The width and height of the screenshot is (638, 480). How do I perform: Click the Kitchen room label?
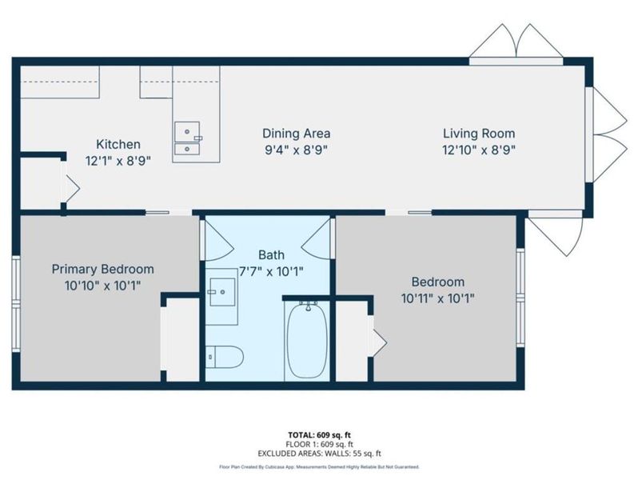tap(118, 145)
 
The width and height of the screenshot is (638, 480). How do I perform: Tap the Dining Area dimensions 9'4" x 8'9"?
tap(296, 149)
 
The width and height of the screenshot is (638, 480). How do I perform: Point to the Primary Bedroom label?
tap(102, 269)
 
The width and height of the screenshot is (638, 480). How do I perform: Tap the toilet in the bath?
tap(222, 357)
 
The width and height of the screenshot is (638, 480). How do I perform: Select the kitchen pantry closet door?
tap(70, 189)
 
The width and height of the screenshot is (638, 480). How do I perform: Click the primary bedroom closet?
tap(180, 341)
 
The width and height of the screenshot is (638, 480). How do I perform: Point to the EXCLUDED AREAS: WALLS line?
tap(320, 453)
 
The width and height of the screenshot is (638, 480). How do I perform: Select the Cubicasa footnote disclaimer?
tap(320, 466)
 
